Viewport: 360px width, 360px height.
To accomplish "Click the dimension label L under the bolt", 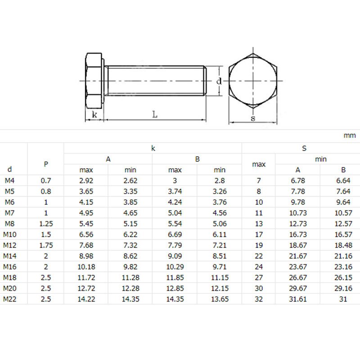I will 154,115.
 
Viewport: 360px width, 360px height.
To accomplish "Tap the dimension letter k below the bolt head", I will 94,115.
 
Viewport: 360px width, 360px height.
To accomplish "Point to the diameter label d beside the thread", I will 219,81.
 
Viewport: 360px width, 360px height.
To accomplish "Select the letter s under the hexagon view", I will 253,118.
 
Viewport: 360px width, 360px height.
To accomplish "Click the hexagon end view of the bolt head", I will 253,81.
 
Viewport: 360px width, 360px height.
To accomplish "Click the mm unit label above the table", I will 349,135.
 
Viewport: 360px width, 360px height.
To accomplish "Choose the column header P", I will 46,164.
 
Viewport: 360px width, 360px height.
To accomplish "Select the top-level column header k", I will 153,148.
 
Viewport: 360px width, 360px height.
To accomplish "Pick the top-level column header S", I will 304,148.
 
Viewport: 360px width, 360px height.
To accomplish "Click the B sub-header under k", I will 197,159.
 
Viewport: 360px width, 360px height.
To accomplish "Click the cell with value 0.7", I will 46,180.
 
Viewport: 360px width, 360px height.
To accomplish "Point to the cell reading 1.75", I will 46,245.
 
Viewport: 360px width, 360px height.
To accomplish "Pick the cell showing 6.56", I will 86,234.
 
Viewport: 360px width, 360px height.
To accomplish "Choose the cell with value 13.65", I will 220,299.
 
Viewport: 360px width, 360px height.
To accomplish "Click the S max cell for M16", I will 259,266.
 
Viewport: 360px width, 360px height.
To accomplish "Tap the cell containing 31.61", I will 297,299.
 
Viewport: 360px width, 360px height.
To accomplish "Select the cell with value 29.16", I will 343,288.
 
